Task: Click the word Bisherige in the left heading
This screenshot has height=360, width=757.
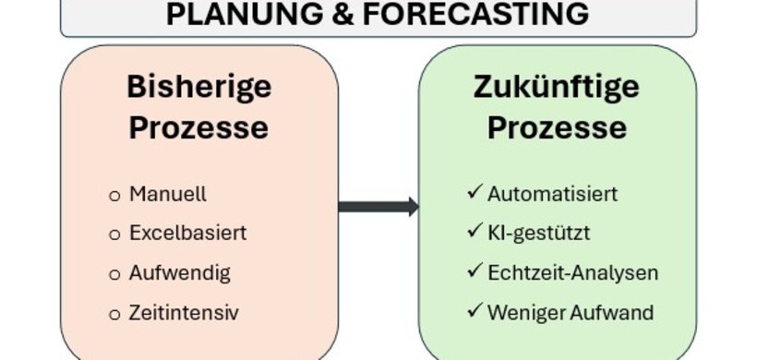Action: pyautogui.click(x=198, y=87)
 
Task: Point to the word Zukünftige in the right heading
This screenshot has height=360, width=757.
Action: pyautogui.click(x=557, y=87)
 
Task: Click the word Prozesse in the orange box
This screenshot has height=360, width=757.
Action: pyautogui.click(x=198, y=127)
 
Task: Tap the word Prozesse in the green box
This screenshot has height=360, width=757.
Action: pyautogui.click(x=557, y=127)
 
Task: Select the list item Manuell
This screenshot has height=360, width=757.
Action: pyautogui.click(x=167, y=195)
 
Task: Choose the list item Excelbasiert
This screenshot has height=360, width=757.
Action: pyautogui.click(x=187, y=233)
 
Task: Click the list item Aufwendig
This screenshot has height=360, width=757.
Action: pyautogui.click(x=179, y=273)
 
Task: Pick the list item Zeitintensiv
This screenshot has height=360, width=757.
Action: pyautogui.click(x=183, y=313)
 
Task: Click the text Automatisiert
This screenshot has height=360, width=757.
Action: pyautogui.click(x=552, y=195)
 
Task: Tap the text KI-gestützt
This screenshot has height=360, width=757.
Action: pyautogui.click(x=538, y=233)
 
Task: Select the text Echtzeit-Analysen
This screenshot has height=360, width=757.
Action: pyautogui.click(x=572, y=273)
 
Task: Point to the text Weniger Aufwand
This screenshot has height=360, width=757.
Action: pyautogui.click(x=571, y=313)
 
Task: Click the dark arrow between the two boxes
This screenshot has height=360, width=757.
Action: pyautogui.click(x=378, y=207)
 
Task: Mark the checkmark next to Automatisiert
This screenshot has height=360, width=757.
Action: pyautogui.click(x=475, y=193)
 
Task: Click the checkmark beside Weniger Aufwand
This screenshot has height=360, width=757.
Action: pyautogui.click(x=475, y=311)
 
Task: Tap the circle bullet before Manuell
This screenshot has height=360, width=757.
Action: pyautogui.click(x=114, y=196)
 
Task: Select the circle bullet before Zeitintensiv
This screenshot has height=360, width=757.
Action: pyautogui.click(x=114, y=314)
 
